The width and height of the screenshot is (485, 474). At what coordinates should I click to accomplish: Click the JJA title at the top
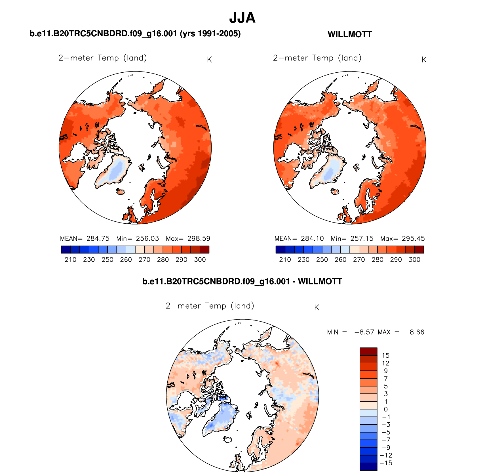[242, 18]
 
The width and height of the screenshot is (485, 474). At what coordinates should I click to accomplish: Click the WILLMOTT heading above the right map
[349, 34]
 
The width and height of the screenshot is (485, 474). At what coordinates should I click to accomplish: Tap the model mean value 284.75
[98, 238]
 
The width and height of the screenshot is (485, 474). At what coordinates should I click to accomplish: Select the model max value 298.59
[199, 238]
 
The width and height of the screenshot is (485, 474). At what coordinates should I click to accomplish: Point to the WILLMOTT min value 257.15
[362, 238]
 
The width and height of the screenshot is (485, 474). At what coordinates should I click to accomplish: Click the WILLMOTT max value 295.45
[413, 238]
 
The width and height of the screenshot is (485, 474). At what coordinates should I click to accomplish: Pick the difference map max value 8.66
[417, 332]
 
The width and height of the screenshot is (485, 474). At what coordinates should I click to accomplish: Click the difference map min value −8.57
[364, 332]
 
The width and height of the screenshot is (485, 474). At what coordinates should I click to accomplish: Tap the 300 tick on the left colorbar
[200, 260]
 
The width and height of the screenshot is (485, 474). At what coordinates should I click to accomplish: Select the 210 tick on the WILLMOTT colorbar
[285, 260]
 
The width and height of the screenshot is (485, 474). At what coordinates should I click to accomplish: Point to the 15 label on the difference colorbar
[385, 356]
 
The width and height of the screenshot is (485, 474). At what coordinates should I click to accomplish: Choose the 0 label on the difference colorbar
[385, 409]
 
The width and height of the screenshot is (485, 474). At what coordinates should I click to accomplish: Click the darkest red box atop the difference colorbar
[368, 351]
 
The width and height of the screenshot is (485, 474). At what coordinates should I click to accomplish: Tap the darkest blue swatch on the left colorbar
[66, 249]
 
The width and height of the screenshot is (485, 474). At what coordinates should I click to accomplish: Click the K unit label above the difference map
[317, 308]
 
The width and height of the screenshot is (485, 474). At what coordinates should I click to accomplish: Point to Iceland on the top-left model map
[121, 192]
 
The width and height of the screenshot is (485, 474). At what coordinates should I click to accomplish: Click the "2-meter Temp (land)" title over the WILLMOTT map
[317, 58]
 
